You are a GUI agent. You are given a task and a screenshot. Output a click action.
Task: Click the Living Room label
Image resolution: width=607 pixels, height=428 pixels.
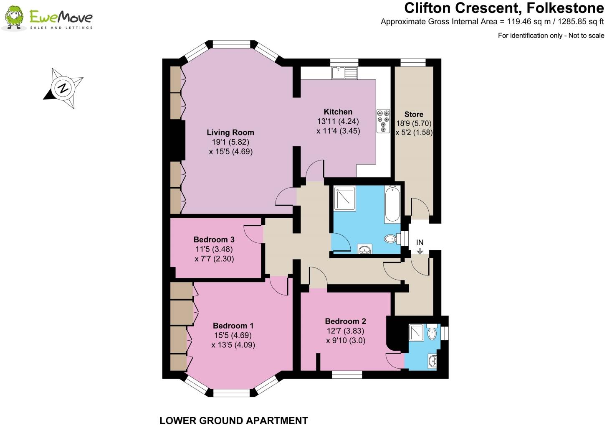coord(230,132)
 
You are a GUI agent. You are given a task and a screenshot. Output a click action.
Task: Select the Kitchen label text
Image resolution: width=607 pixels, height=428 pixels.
coord(338,112)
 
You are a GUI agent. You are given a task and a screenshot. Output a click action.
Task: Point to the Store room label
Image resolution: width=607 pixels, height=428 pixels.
coord(414,114)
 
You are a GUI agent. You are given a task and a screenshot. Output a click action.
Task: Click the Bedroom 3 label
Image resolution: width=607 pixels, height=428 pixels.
coord(214,239)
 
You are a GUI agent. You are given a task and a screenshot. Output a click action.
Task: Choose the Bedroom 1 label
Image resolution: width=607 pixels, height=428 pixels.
coord(233,326)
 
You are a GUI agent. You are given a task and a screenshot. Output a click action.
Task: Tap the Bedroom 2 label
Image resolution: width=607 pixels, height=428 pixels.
coord(345,321)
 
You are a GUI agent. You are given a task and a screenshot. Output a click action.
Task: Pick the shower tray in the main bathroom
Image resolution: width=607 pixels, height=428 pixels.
coord(344,199)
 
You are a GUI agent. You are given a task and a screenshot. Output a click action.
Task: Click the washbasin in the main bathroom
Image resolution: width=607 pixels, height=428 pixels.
coord(365,250)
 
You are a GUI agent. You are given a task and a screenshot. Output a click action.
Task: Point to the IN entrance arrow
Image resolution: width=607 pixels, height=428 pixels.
coord(420,251)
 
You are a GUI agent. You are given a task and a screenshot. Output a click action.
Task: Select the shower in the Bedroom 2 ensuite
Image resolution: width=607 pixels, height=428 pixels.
coord(416,332)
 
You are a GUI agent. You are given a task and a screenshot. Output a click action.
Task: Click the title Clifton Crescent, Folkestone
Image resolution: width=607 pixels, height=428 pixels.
coord(504,8)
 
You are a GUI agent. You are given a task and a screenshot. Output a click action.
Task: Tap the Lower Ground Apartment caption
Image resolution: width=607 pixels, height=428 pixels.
coord(234,420)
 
